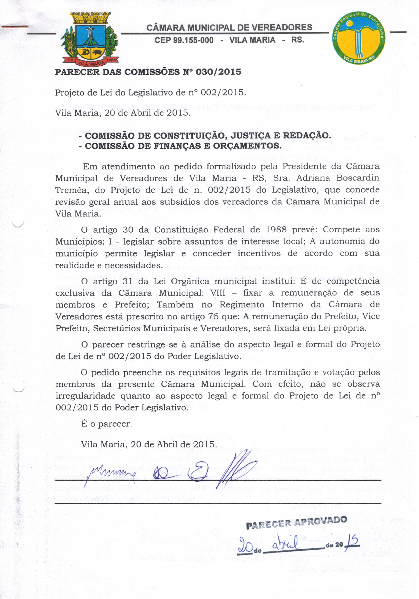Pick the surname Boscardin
tap(358, 178)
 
